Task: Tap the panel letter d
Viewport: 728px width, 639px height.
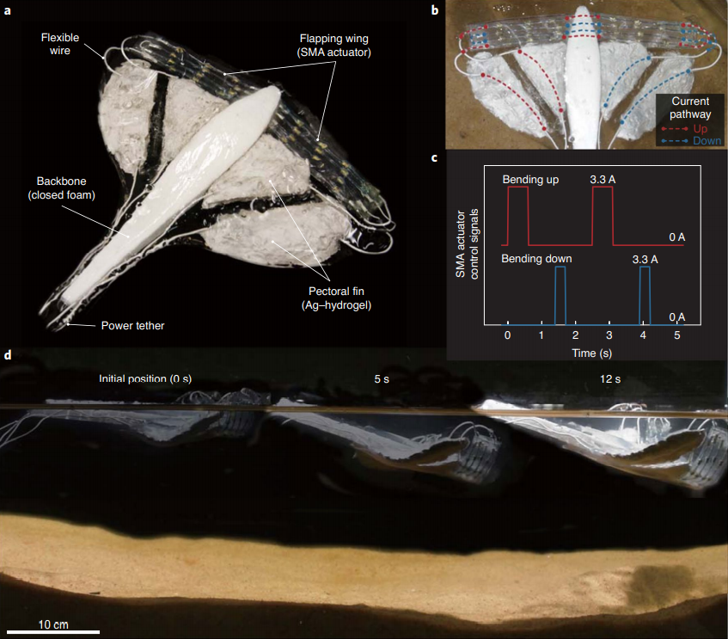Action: click(x=8, y=354)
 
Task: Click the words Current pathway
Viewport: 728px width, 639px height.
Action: click(x=690, y=107)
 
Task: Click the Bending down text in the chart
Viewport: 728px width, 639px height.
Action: click(x=538, y=258)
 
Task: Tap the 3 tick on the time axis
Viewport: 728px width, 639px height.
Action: click(x=609, y=335)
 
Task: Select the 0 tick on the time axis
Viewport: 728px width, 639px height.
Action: click(x=508, y=335)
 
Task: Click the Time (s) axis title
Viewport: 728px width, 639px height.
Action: click(x=592, y=353)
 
